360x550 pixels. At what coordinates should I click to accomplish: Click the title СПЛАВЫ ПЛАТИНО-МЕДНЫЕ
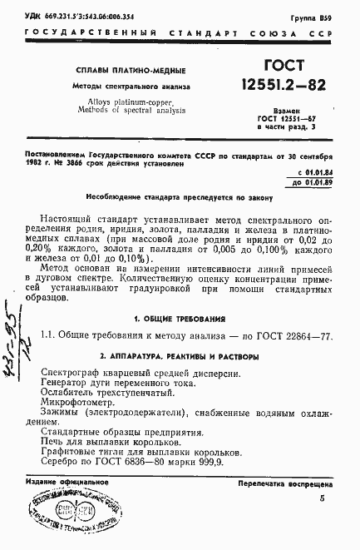131,70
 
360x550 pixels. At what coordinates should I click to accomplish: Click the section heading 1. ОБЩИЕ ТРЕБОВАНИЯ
179,320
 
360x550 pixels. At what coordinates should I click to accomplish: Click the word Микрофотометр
78,399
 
